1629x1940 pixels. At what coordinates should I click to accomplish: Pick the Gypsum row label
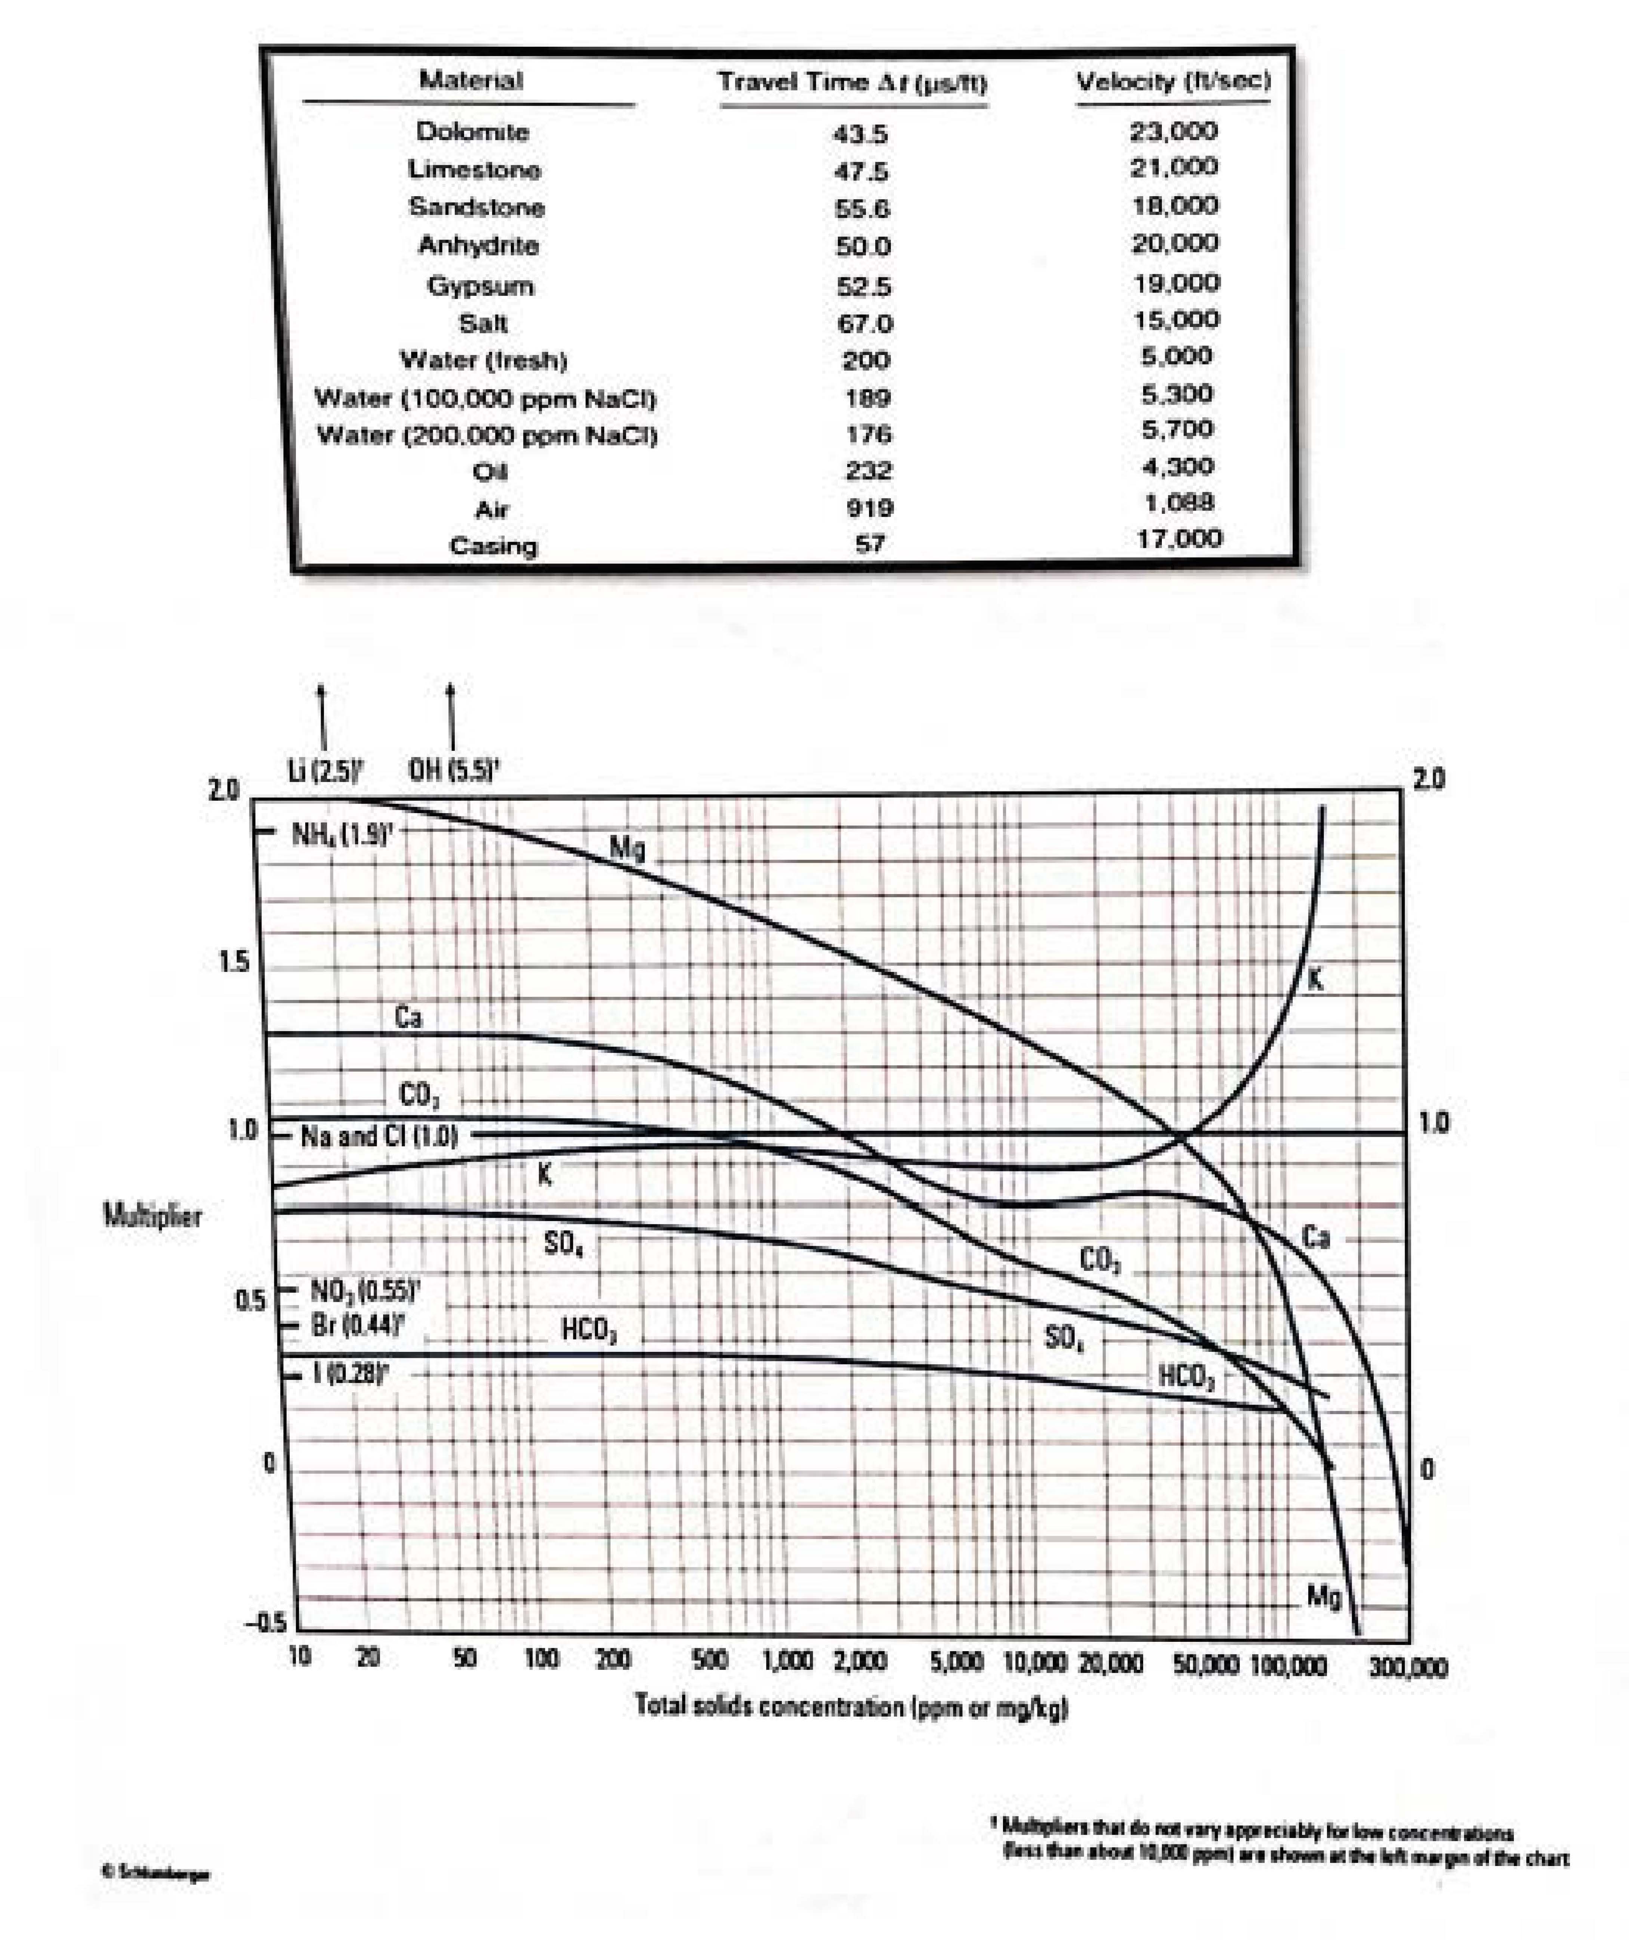coord(479,285)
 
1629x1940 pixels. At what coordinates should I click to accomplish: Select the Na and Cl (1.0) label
coord(379,1136)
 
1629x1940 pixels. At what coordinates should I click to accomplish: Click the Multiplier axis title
coord(152,1216)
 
